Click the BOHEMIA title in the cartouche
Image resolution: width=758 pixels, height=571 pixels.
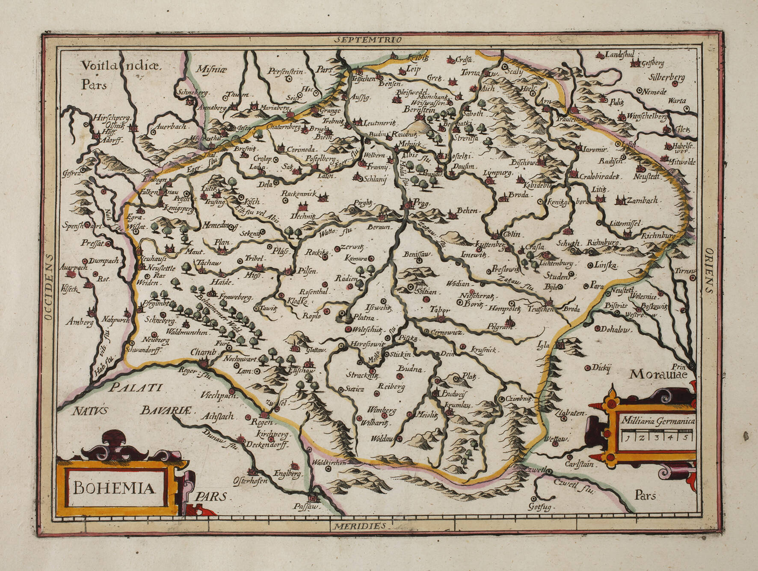(113, 488)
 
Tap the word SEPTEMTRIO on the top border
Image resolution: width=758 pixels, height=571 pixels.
(368, 40)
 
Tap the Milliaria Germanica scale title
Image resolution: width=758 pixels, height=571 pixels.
(658, 421)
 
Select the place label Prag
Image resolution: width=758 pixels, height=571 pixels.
(421, 204)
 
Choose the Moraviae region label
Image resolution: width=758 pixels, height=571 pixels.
(657, 375)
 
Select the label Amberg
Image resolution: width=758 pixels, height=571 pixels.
(79, 322)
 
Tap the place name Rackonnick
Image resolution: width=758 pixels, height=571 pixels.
(299, 194)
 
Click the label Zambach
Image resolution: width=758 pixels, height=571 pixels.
(642, 200)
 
